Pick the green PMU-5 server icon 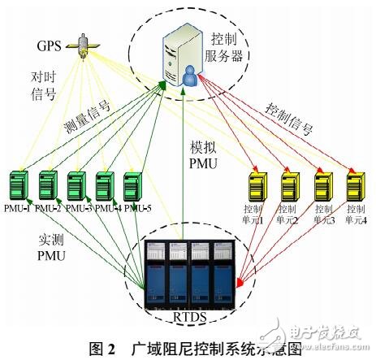[133, 185]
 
